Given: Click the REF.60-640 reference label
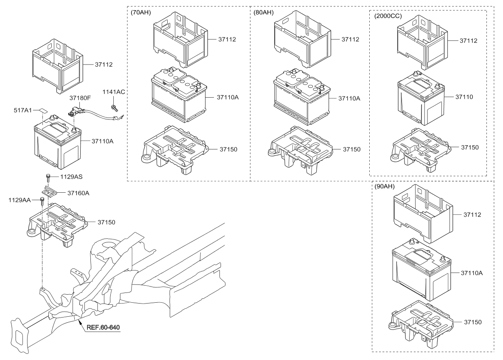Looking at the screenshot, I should pyautogui.click(x=103, y=327).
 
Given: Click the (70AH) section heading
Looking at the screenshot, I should pyautogui.click(x=141, y=13).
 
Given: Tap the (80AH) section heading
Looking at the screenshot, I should pyautogui.click(x=264, y=13).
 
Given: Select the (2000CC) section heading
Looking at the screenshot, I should pyautogui.click(x=388, y=16).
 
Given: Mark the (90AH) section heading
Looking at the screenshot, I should pyautogui.click(x=385, y=187).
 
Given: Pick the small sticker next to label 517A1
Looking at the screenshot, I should pyautogui.click(x=44, y=110).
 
